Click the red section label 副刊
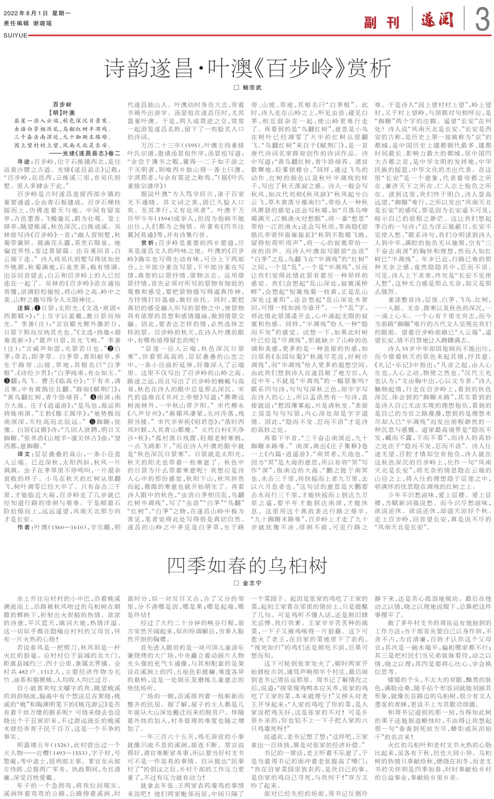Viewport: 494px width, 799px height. [382, 23]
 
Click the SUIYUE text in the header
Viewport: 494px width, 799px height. [15, 35]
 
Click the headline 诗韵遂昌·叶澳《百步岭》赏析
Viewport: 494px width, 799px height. [247, 69]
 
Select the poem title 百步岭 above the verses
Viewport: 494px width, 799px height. [62, 105]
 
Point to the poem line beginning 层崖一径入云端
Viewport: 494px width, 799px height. [61, 121]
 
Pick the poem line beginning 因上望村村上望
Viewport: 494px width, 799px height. [61, 145]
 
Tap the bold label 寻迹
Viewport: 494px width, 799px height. [24, 162]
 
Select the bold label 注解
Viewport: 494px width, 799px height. [24, 308]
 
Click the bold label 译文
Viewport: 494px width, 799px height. [24, 454]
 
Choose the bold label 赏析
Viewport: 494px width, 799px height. [147, 243]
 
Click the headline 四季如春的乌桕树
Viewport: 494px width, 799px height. [247, 565]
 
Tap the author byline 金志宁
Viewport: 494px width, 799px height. [252, 583]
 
